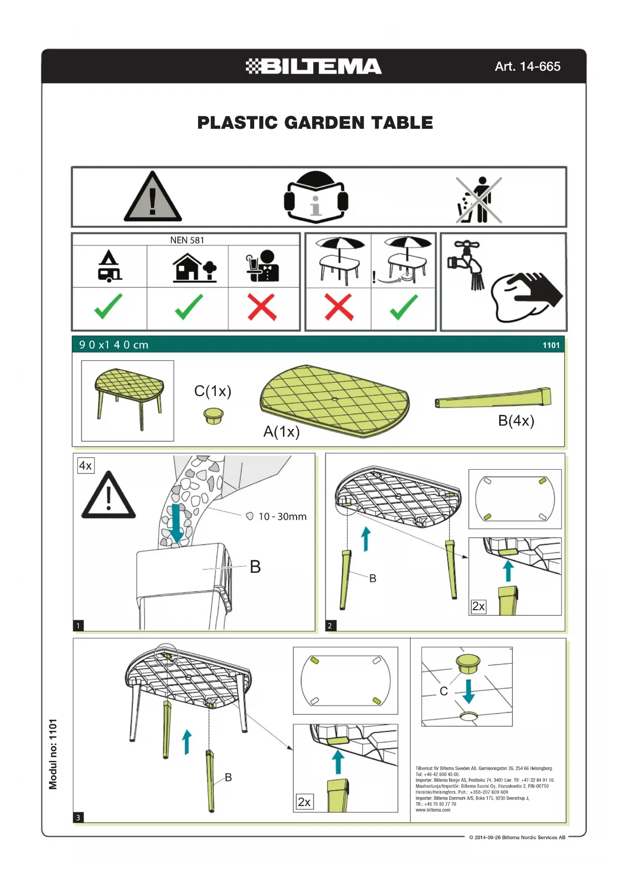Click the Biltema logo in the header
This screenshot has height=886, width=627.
click(313, 66)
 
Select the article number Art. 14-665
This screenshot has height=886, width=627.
click(527, 66)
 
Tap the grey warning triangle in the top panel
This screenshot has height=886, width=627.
click(153, 196)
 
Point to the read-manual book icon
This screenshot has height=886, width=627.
click(316, 197)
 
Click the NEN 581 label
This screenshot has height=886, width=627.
click(187, 240)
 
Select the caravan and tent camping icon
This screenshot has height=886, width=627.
click(110, 266)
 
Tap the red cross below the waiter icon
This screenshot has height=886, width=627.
click(262, 307)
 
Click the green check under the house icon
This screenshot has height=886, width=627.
click(188, 307)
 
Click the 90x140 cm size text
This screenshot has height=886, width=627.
click(114, 345)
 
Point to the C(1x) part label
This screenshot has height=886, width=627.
click(213, 391)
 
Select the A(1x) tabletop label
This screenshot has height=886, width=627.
click(281, 431)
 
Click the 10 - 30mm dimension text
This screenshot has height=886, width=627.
click(282, 516)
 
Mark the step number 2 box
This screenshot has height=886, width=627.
click(330, 626)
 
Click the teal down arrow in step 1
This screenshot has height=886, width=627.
click(176, 523)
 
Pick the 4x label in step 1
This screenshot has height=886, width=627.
click(85, 465)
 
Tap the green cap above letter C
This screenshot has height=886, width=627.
click(468, 663)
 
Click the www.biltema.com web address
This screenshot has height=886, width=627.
click(433, 810)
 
